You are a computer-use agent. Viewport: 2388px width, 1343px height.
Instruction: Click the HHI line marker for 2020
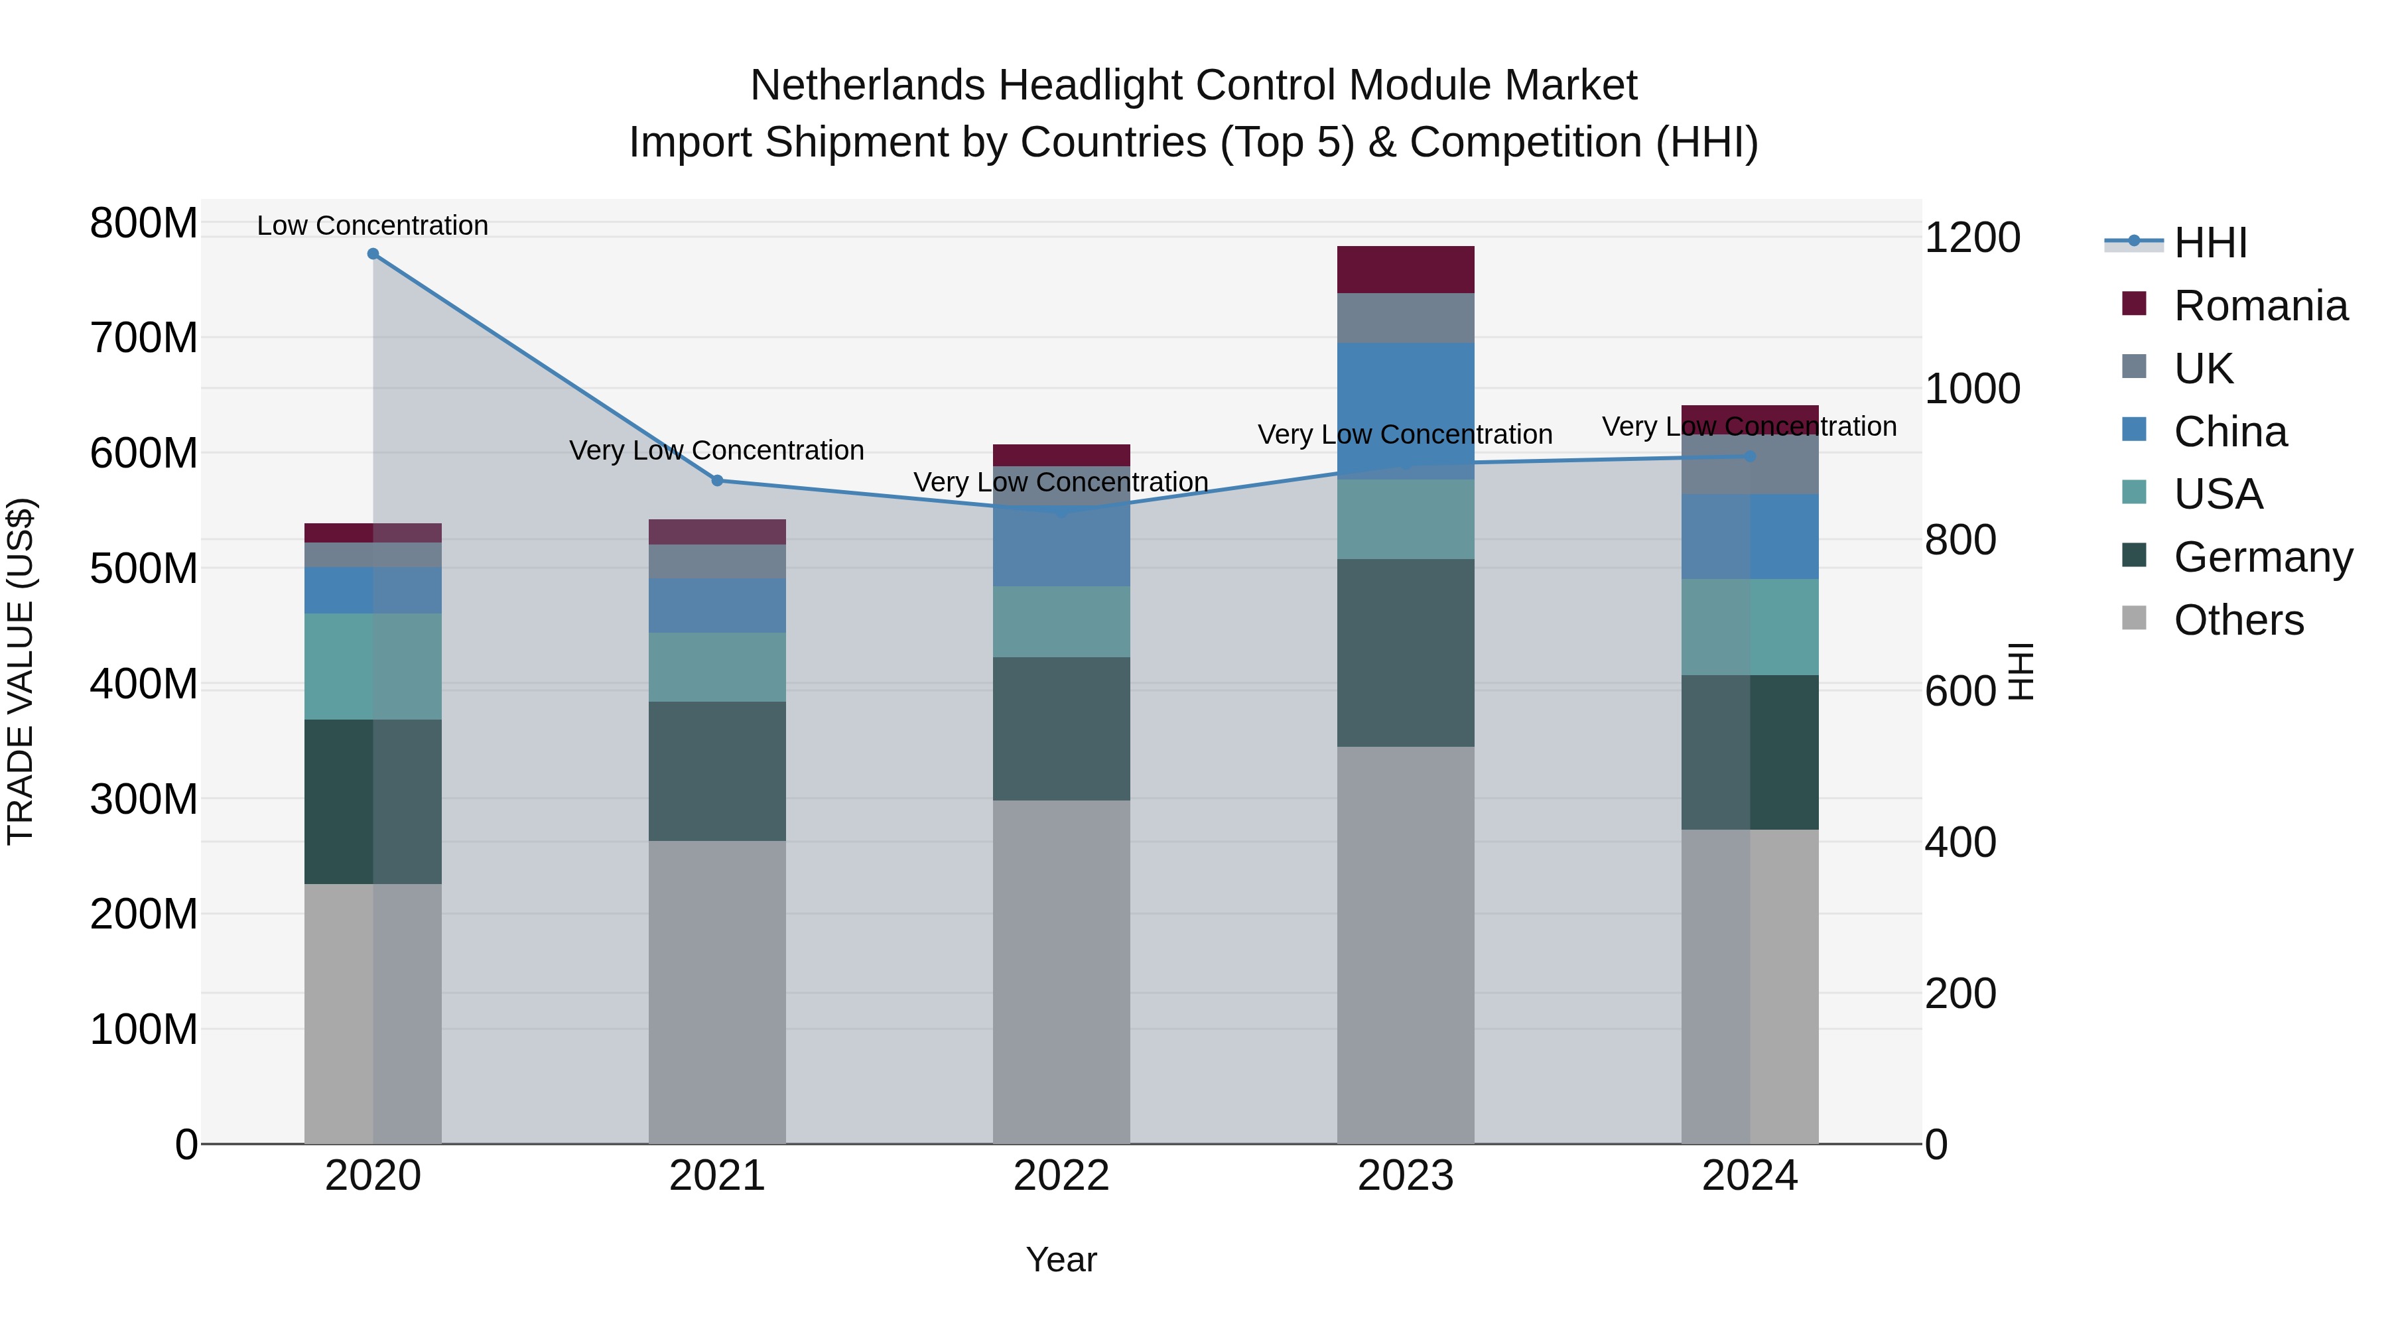(x=373, y=253)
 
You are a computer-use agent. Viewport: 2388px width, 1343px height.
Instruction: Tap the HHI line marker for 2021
(x=716, y=480)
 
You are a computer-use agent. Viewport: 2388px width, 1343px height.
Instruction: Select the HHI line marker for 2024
(x=1749, y=456)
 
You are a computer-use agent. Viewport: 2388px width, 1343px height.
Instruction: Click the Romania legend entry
(x=2259, y=306)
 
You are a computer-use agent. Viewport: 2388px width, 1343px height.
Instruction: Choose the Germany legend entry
(x=2262, y=557)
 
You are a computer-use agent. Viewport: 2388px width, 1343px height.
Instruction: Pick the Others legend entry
(x=2238, y=620)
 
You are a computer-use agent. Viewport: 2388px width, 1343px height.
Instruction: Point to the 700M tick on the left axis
(x=144, y=338)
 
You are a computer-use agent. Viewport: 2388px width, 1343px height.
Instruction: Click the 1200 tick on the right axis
(x=1972, y=237)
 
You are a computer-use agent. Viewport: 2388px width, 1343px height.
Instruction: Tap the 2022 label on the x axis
(x=1061, y=1176)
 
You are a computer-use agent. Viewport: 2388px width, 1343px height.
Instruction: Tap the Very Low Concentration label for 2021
(x=716, y=450)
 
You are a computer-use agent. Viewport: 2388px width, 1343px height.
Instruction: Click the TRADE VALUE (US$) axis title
(x=21, y=671)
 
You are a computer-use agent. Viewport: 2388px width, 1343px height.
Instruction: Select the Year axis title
(x=1061, y=1259)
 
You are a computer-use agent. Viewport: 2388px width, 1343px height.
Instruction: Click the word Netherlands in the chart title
(x=868, y=86)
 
